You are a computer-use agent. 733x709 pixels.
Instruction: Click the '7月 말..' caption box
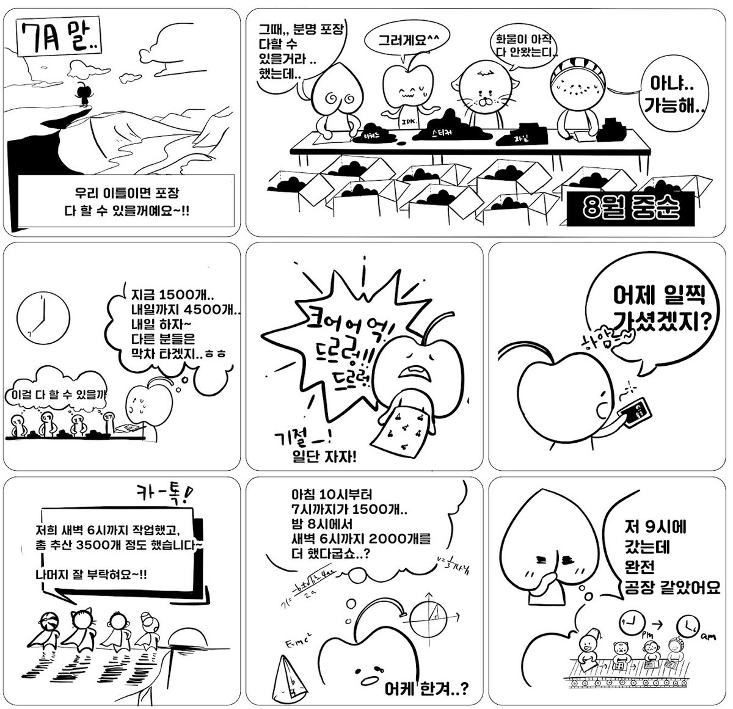(x=59, y=38)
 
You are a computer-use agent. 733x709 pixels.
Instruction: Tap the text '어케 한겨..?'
(x=428, y=689)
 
